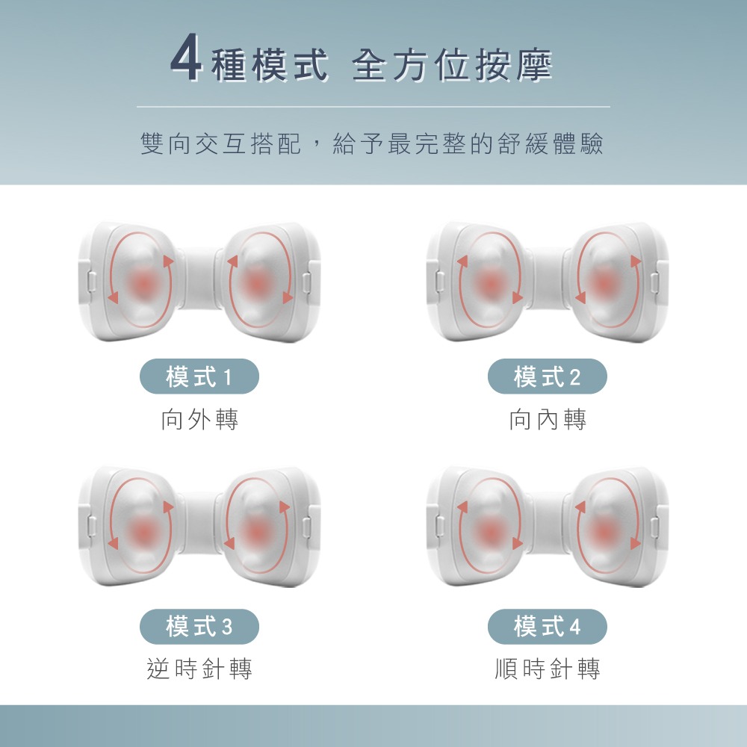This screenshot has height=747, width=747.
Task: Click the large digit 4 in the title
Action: click(x=186, y=58)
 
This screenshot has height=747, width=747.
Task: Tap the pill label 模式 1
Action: click(x=199, y=376)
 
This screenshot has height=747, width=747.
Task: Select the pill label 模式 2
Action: click(x=547, y=376)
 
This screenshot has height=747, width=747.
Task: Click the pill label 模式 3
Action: click(x=199, y=627)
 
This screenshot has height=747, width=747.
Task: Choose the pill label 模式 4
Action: click(x=547, y=627)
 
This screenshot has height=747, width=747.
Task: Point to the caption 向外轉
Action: click(x=199, y=420)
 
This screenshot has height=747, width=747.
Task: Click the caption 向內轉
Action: click(x=548, y=420)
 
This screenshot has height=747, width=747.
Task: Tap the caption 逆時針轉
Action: click(x=199, y=669)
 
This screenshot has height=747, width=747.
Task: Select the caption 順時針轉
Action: click(x=548, y=669)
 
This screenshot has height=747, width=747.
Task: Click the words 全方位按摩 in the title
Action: click(x=452, y=65)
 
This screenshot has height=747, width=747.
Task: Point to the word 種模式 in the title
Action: click(x=270, y=65)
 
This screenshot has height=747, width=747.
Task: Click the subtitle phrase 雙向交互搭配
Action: click(x=221, y=143)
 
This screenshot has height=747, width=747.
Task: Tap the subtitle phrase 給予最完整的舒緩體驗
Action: click(x=468, y=143)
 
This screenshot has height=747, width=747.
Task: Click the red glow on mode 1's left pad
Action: click(x=141, y=285)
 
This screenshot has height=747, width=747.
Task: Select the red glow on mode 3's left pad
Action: click(x=141, y=531)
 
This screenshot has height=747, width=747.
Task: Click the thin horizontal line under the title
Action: click(x=373, y=107)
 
